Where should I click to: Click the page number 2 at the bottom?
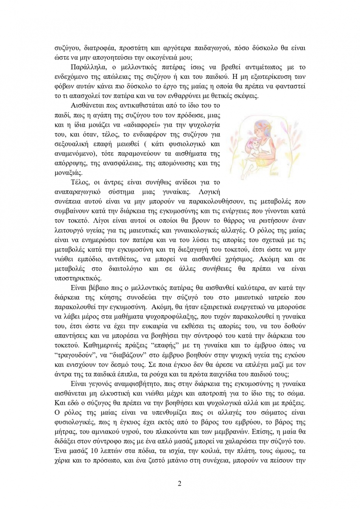pos(180,484)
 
